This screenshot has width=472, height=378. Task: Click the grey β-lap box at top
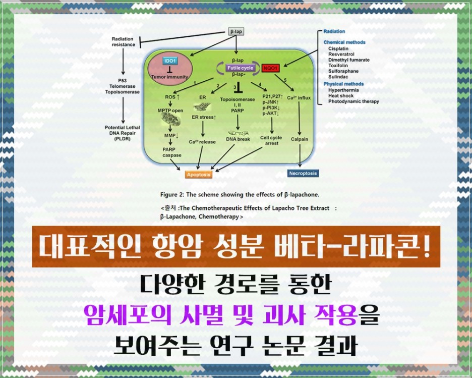[237, 31]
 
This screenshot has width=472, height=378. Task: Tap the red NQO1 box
[271, 67]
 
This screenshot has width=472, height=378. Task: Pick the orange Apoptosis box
[198, 175]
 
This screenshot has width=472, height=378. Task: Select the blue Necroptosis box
[303, 173]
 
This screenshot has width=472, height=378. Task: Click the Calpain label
[300, 139]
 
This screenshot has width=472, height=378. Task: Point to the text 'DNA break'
[237, 139]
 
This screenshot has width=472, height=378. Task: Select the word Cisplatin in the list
[338, 48]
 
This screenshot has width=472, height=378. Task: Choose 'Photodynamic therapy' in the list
[353, 101]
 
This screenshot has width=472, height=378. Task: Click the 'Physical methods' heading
[343, 84]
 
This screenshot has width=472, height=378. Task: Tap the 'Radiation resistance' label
[123, 42]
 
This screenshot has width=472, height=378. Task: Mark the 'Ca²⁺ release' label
[202, 142]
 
